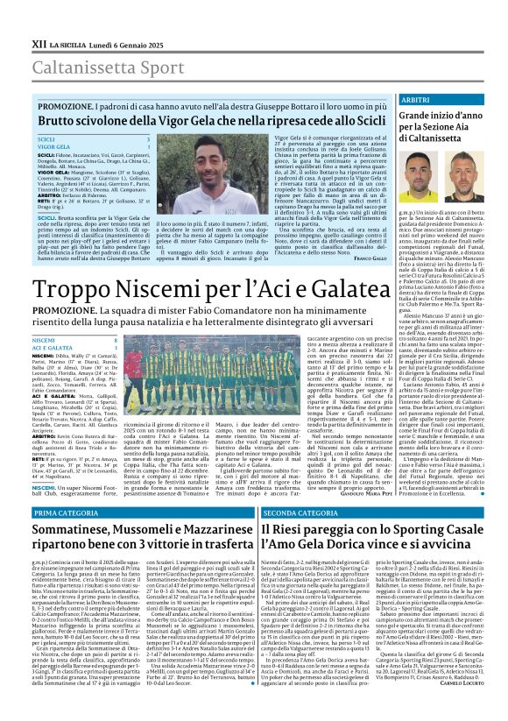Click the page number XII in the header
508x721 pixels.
[x=16, y=18]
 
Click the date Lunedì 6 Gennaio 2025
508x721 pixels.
[x=121, y=18]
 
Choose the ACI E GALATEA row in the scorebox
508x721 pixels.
[x=52, y=348]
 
